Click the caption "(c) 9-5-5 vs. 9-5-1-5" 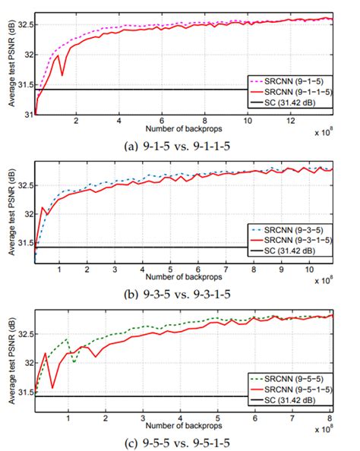pos(183,443)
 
